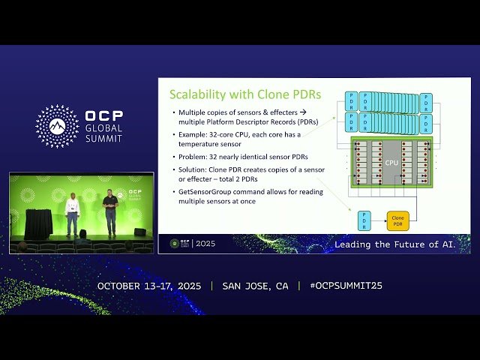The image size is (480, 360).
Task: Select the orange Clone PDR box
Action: [397, 221]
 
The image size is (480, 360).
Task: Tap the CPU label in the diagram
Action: [391, 161]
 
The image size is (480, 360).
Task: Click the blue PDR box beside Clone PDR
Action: [364, 221]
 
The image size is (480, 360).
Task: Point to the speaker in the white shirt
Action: [72, 213]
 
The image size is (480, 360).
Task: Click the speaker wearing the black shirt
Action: [110, 211]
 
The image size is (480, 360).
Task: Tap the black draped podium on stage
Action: [37, 223]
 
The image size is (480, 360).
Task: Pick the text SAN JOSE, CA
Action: [255, 286]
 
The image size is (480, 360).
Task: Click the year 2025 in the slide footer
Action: [204, 244]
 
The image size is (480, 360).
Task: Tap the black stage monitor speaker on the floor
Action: [139, 232]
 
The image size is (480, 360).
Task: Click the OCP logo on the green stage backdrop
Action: [133, 193]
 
